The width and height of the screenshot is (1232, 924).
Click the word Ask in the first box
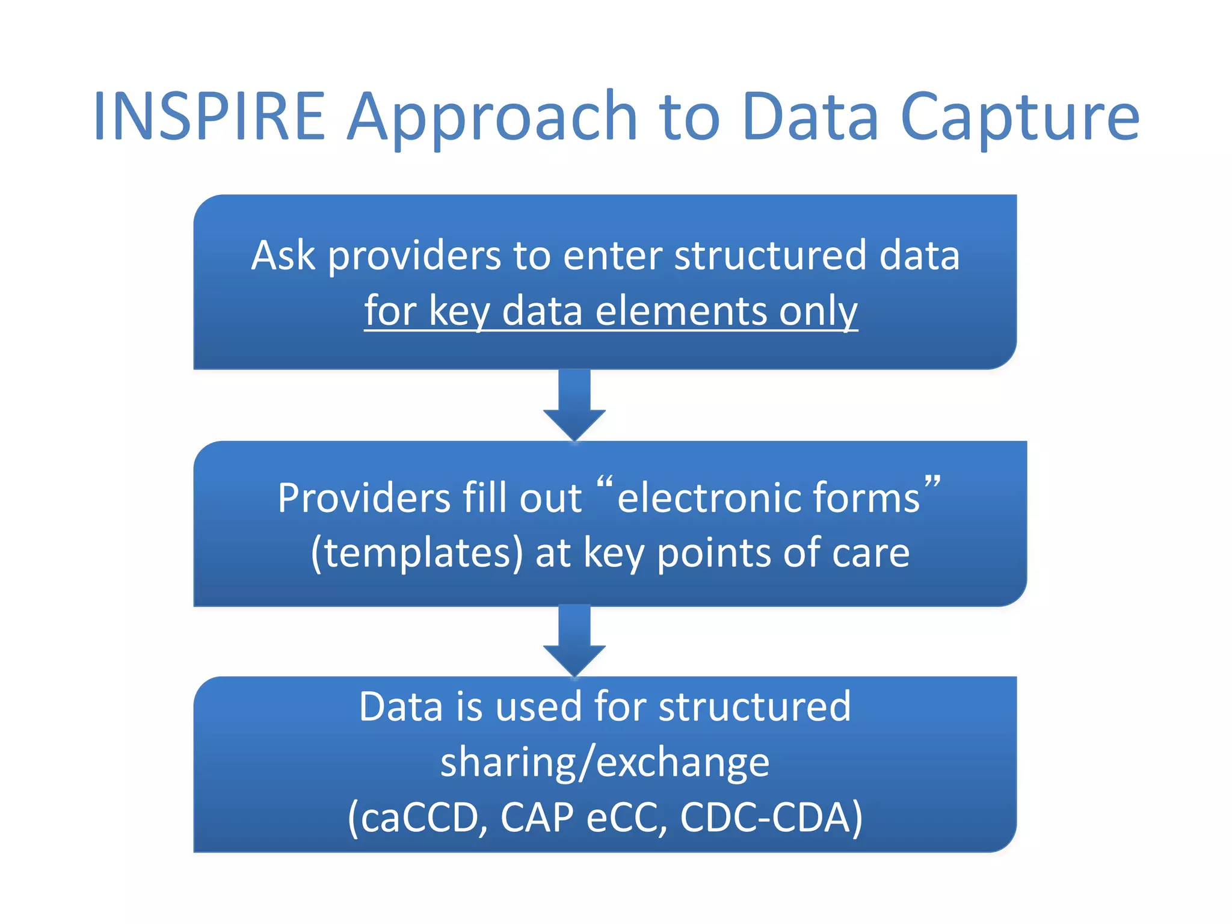tap(283, 255)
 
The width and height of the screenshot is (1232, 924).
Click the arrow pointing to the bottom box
tap(574, 641)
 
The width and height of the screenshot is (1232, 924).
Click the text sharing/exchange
tap(605, 762)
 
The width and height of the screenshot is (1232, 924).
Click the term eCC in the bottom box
tap(625, 818)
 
